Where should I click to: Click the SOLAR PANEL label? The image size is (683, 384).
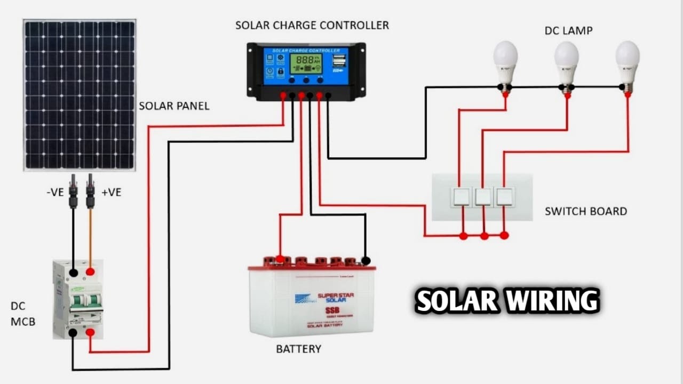[x=174, y=106]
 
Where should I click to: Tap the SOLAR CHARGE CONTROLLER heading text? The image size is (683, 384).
[x=312, y=25]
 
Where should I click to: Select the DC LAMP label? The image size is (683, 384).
[x=568, y=31]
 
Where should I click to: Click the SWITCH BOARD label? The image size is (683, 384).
[x=586, y=211]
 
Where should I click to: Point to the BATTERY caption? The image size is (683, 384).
[x=298, y=349]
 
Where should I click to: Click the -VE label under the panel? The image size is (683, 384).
[x=55, y=193]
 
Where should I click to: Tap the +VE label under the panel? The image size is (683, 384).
[x=111, y=193]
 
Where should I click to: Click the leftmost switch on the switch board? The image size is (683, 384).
[x=461, y=197]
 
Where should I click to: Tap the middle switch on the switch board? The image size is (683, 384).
[x=483, y=197]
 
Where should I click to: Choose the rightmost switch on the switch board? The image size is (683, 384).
[x=504, y=197]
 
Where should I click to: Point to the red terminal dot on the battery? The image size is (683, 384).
[x=280, y=259]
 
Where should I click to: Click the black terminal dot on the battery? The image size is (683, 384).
[x=366, y=261]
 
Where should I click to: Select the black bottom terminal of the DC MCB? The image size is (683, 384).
[x=73, y=333]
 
